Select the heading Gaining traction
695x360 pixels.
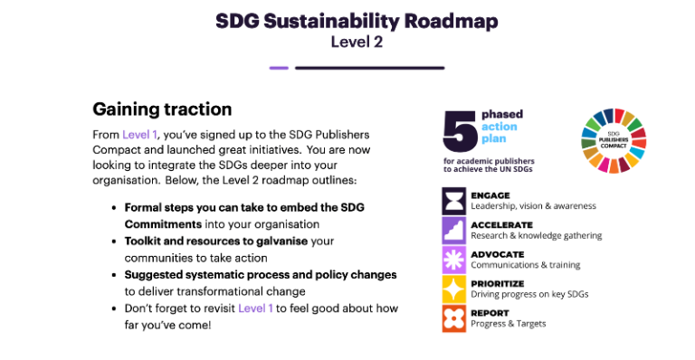coord(162,109)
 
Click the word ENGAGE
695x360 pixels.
coord(490,195)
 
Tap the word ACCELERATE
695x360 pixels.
coord(501,225)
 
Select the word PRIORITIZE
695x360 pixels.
coord(499,283)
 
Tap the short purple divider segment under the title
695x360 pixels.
coord(279,68)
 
